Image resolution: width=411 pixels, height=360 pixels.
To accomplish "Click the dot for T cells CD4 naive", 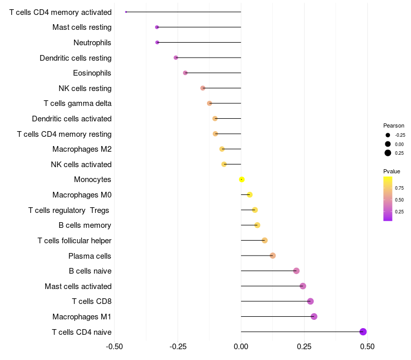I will pyautogui.click(x=363, y=332).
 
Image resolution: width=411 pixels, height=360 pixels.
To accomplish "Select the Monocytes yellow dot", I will pyautogui.click(x=242, y=179).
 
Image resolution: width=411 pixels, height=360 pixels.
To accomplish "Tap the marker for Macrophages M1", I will pyautogui.click(x=314, y=316).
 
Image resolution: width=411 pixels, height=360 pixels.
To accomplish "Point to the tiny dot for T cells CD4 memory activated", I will pyautogui.click(x=126, y=12).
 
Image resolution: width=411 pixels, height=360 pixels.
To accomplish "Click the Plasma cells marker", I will pyautogui.click(x=273, y=256).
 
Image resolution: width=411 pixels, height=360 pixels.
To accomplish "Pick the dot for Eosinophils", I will pyautogui.click(x=185, y=73).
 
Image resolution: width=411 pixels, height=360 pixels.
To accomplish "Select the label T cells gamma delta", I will pyautogui.click(x=78, y=103).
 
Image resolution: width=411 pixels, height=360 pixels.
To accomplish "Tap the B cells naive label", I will pyautogui.click(x=90, y=271).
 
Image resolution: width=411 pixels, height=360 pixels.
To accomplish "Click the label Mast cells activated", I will pyautogui.click(x=78, y=286).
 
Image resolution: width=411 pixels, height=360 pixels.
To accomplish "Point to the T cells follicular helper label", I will pyautogui.click(x=74, y=240).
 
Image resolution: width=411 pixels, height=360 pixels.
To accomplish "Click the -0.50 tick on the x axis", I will pyautogui.click(x=114, y=347).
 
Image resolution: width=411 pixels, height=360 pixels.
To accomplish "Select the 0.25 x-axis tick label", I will pyautogui.click(x=304, y=347).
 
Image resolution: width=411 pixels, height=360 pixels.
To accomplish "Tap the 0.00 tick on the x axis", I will pyautogui.click(x=241, y=347).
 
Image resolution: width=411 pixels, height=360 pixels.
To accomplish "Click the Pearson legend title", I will pyautogui.click(x=394, y=125).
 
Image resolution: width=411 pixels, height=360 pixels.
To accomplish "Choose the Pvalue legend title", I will pyautogui.click(x=391, y=171).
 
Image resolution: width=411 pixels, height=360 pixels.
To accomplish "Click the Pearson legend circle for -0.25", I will pyautogui.click(x=388, y=135).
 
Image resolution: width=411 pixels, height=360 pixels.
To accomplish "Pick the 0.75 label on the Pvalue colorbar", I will pyautogui.click(x=399, y=188).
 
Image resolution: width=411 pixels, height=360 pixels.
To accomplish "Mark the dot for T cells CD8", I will pyautogui.click(x=310, y=301).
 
